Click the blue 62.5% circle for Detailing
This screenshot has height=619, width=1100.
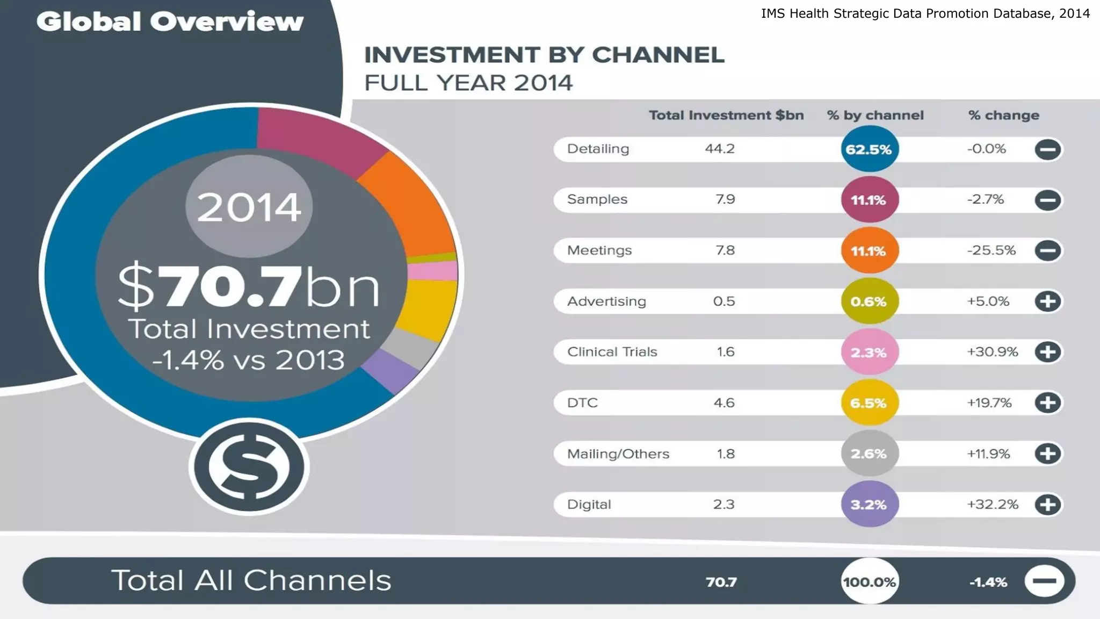869,149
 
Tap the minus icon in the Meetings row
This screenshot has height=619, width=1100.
1047,250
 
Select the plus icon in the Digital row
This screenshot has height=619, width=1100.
1047,505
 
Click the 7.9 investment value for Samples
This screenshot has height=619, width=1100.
725,199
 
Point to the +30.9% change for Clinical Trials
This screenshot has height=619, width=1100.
992,352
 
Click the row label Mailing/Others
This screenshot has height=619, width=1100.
618,454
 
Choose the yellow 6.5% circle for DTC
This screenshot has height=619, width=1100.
869,403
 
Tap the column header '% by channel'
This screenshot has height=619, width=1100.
875,116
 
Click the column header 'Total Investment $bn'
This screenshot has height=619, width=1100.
726,116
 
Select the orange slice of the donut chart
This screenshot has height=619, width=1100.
414,204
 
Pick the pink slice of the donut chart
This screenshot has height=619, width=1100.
433,271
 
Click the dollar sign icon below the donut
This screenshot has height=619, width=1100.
249,466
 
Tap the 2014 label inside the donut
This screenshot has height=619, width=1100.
249,207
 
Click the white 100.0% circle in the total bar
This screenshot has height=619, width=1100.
869,581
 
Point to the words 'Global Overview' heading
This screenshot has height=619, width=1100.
170,22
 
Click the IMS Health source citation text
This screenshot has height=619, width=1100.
925,14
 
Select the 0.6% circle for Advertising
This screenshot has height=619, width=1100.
869,301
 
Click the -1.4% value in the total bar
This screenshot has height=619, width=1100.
988,582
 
